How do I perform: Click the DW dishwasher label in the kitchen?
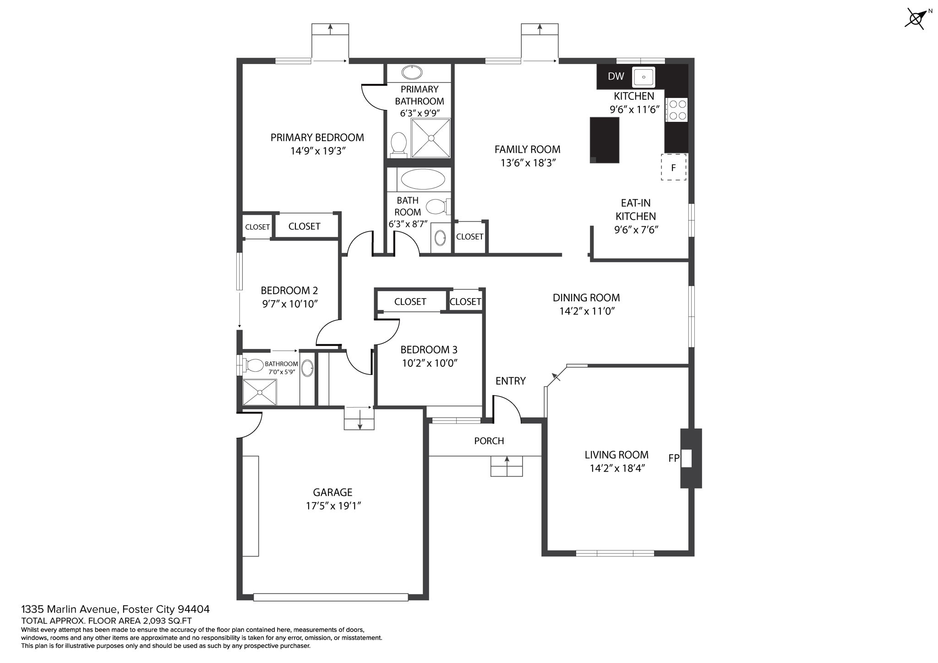pyautogui.click(x=616, y=76)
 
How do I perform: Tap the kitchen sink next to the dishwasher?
pyautogui.click(x=644, y=77)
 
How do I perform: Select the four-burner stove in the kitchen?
pyautogui.click(x=676, y=110)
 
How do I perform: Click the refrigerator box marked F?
pyautogui.click(x=673, y=167)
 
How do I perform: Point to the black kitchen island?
pyautogui.click(x=604, y=140)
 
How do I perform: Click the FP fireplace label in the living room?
pyautogui.click(x=674, y=457)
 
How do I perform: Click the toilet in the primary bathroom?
pyautogui.click(x=398, y=145)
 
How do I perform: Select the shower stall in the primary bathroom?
pyautogui.click(x=431, y=138)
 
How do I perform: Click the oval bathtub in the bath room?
pyautogui.click(x=422, y=179)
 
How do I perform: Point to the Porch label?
pyautogui.click(x=489, y=441)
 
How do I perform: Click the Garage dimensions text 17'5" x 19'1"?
pyautogui.click(x=333, y=506)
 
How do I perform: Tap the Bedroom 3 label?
pyautogui.click(x=429, y=350)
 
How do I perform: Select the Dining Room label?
pyautogui.click(x=586, y=298)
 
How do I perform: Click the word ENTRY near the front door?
pyautogui.click(x=510, y=381)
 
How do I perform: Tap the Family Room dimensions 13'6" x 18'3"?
pyautogui.click(x=528, y=163)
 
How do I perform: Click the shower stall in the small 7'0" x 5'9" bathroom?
pyautogui.click(x=260, y=392)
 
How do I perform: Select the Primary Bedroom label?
pyautogui.click(x=317, y=137)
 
